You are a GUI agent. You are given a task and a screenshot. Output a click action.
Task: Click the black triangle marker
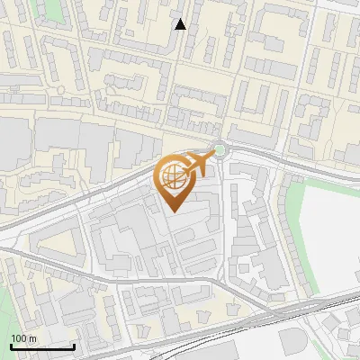coord(180,24)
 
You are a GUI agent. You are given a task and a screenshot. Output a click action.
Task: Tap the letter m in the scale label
coord(31,337)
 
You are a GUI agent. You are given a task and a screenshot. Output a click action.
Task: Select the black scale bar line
coord(42,346)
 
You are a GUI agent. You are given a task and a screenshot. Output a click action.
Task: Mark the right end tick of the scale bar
coord(75,345)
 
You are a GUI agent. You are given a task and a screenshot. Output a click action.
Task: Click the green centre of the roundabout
coord(220,149)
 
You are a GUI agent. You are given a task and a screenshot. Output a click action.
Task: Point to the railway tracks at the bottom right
coord(315,310)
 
